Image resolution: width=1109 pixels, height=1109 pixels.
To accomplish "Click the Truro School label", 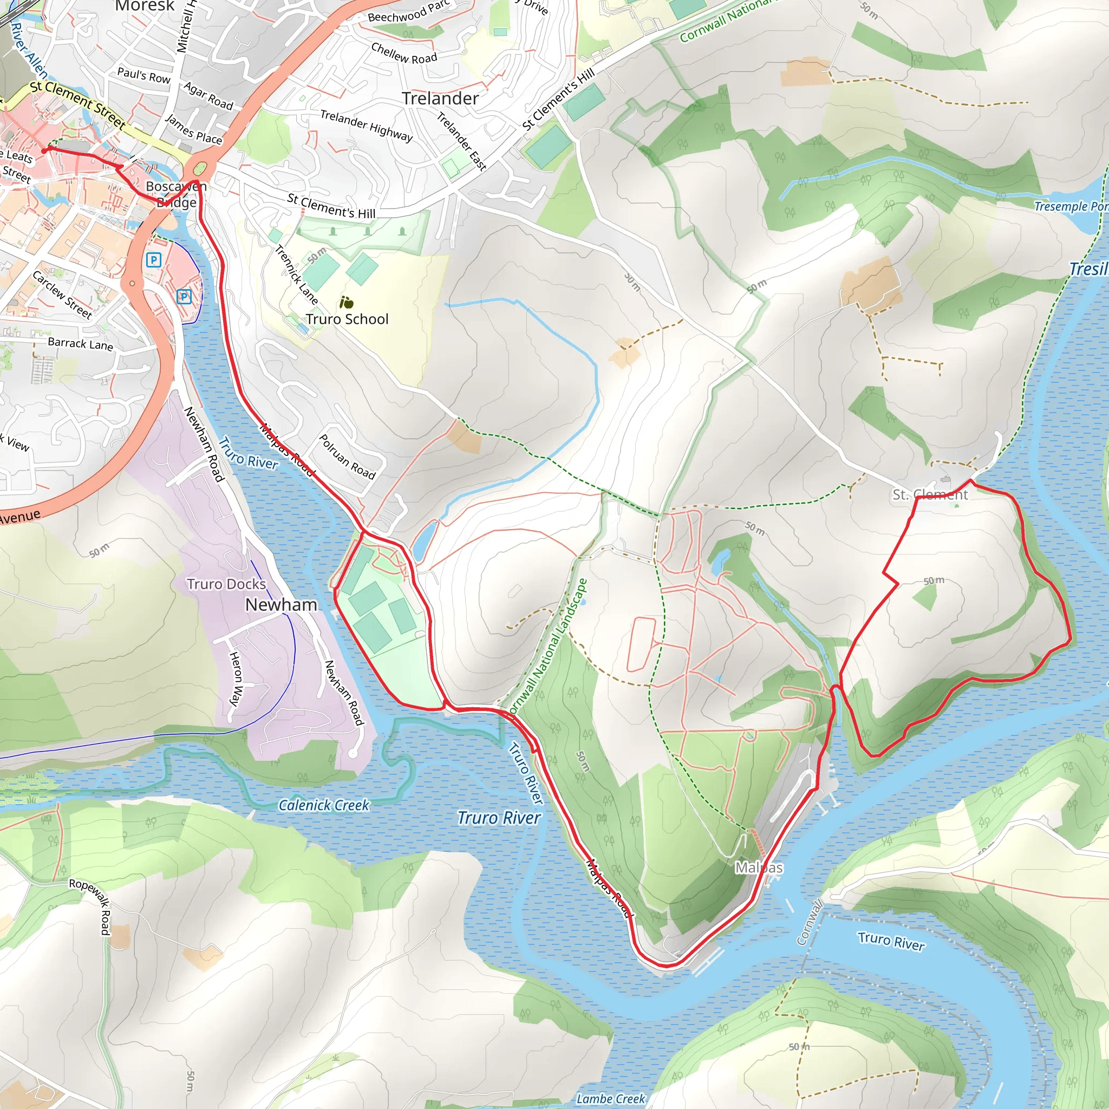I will click(x=347, y=319).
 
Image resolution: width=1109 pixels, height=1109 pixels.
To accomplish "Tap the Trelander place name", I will click(x=440, y=99).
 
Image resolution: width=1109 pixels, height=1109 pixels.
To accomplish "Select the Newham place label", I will click(x=280, y=605).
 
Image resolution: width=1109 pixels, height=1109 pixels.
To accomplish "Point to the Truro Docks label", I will click(x=226, y=584).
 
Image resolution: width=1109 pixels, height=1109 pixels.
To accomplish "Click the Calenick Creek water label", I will click(x=324, y=805).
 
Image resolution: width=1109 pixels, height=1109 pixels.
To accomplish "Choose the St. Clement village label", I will click(x=930, y=495).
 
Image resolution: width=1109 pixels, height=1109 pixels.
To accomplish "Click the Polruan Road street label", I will click(x=347, y=457).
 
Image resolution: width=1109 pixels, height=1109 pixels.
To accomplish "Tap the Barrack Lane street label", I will click(x=80, y=343).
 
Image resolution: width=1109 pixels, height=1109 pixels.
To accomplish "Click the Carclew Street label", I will click(x=62, y=295).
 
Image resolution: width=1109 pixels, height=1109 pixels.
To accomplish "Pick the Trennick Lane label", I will click(x=296, y=275).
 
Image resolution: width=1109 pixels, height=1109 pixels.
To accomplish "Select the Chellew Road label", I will click(x=404, y=54).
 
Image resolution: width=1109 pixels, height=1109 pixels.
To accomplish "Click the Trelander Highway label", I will click(x=366, y=125).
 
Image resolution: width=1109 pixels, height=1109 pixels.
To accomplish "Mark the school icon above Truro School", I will click(x=346, y=302).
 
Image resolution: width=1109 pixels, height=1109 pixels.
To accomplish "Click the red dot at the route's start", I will click(x=45, y=151).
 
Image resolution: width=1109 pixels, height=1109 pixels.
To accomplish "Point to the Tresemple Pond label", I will click(x=1070, y=206).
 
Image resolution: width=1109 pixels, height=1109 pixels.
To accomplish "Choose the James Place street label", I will click(x=193, y=129).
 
